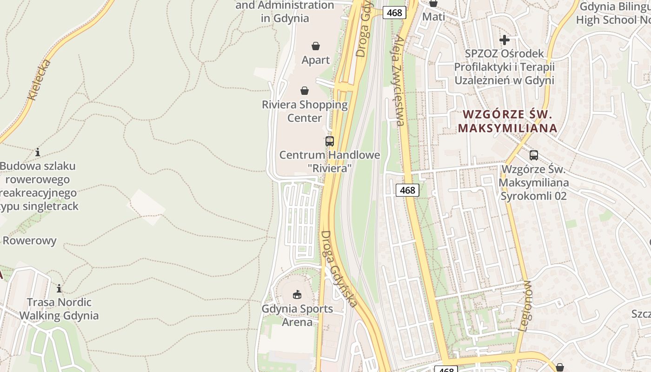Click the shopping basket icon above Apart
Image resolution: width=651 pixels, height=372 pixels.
[316, 46]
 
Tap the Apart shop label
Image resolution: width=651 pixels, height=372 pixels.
[316, 60]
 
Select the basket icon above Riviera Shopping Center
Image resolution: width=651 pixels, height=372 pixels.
[305, 91]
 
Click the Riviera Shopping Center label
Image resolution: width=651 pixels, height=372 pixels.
[305, 111]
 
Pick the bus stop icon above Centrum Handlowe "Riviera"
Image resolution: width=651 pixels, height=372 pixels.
[330, 141]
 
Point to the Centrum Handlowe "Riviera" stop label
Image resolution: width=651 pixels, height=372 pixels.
[329, 161]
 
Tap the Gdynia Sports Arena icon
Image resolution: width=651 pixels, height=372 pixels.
[297, 294]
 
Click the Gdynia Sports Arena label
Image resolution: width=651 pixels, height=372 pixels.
[297, 315]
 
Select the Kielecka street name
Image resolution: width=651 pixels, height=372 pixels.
[39, 80]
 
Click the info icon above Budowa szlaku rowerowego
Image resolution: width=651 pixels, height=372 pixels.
[38, 152]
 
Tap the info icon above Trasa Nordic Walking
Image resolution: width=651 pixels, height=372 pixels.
[59, 288]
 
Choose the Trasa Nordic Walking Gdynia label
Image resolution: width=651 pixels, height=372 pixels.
[59, 309]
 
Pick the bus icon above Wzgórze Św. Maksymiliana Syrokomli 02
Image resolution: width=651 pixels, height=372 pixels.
[534, 155]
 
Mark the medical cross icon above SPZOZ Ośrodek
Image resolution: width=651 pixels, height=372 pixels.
[505, 40]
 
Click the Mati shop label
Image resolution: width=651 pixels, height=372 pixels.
[433, 17]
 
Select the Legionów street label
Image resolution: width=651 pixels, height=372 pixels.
[525, 306]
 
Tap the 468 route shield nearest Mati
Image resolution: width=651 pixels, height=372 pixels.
[394, 13]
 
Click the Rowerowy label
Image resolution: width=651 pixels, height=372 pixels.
[30, 241]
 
